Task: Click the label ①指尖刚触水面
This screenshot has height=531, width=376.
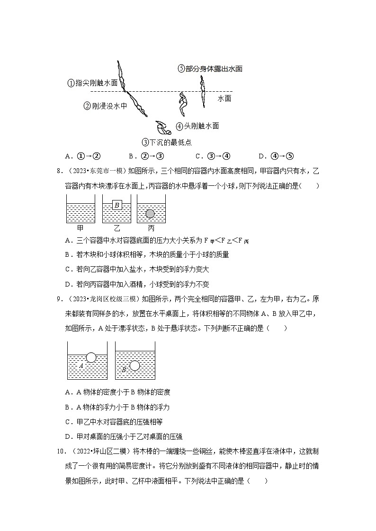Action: [92, 83]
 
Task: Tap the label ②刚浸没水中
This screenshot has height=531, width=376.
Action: [105, 106]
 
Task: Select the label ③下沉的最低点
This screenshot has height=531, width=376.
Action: [167, 142]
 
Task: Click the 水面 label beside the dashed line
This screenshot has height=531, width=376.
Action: [224, 98]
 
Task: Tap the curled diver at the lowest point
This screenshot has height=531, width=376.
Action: [164, 128]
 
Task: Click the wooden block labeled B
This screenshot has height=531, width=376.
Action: [117, 205]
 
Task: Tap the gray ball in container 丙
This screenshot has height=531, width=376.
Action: [150, 214]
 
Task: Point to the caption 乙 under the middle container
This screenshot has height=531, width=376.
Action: [116, 228]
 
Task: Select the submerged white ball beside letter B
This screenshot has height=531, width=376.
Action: [135, 366]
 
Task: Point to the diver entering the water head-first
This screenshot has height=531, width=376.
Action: [137, 104]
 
